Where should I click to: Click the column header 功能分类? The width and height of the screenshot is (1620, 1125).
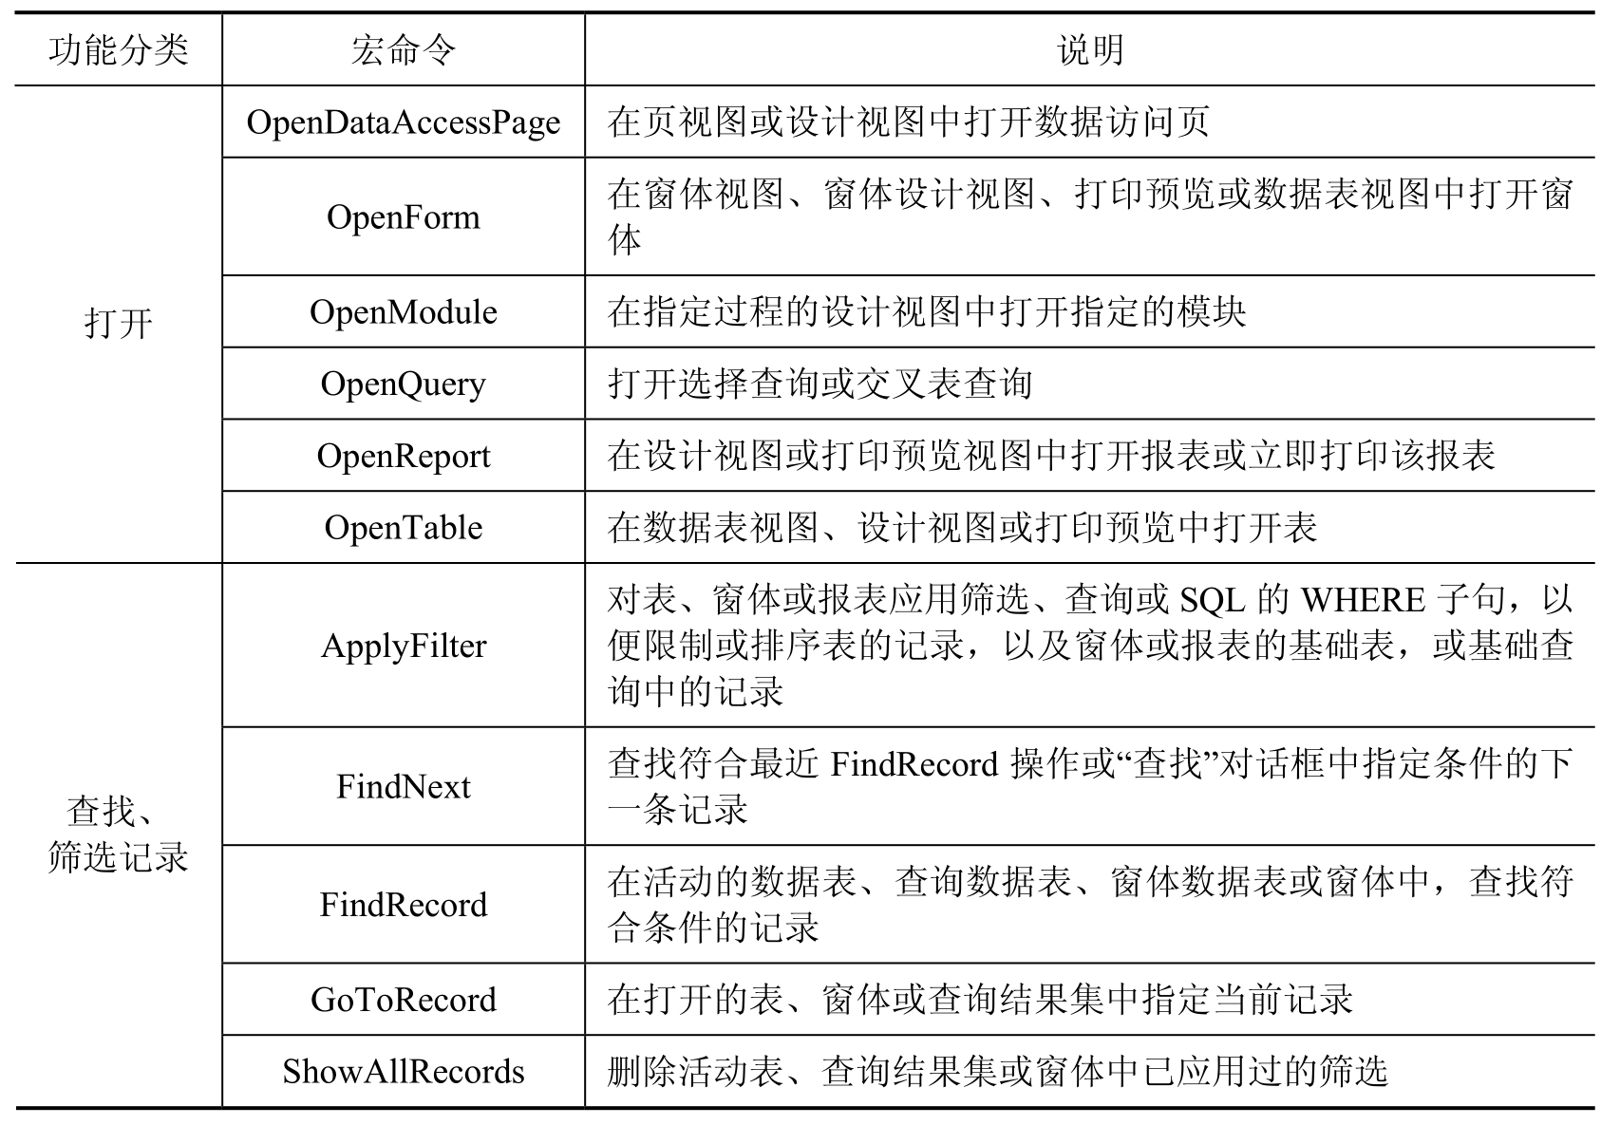coord(118,50)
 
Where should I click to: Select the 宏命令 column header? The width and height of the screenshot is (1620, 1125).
coord(403,50)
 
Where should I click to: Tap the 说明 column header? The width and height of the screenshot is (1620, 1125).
coord(1089,50)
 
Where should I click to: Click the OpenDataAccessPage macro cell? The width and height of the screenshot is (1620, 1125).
coord(403,122)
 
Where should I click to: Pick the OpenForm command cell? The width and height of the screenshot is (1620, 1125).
coord(403,217)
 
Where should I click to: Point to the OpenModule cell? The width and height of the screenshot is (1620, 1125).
coord(403,312)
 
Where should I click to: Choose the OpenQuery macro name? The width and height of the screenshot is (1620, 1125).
coord(403,384)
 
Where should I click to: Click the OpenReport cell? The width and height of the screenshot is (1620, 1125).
coord(403,456)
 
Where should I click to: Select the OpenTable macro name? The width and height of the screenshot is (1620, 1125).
coord(403,528)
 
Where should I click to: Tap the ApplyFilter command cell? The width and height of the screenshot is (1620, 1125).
coord(403,646)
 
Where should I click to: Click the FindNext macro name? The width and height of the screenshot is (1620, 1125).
coord(403,787)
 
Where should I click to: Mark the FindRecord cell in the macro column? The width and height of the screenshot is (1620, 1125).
coord(403,905)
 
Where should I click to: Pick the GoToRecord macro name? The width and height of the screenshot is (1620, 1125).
coord(403,1000)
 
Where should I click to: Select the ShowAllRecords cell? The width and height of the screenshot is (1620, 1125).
coord(403,1072)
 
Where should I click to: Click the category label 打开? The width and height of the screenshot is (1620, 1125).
coord(118,325)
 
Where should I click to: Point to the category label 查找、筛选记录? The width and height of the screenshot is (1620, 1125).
coord(118,834)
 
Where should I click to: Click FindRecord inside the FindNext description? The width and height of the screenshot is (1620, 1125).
coord(914,764)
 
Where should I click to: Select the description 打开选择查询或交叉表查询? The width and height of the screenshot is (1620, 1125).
coord(819,384)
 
